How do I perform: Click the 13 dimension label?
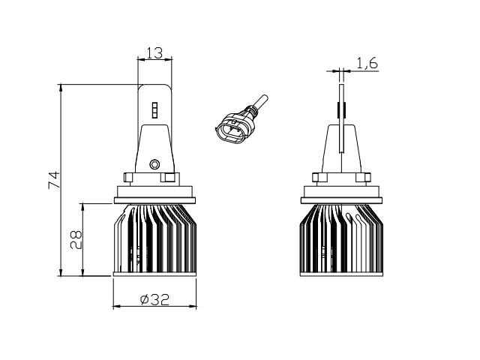coord(154,53)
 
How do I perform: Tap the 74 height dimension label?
coord(54,180)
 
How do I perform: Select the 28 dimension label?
coord(76,240)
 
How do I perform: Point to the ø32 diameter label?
coord(154,300)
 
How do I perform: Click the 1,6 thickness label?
coord(367,63)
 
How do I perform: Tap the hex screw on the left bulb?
coord(154,164)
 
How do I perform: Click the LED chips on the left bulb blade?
coord(154,110)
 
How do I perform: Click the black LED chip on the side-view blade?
coord(341,110)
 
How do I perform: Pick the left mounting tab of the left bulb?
coord(128,178)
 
